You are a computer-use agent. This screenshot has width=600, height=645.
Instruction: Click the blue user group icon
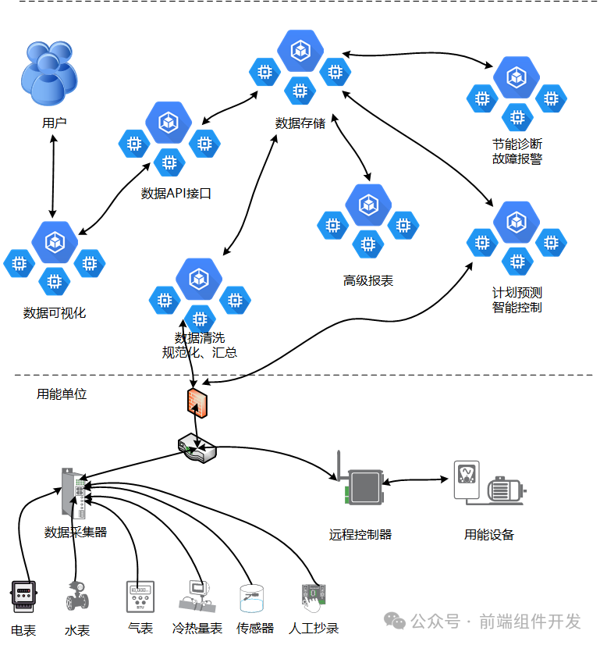[x=50, y=75]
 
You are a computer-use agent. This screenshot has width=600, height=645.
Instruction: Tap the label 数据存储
[x=300, y=123]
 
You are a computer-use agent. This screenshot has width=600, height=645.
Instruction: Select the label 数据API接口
[x=176, y=194]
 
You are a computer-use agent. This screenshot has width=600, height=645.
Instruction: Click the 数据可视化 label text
[x=55, y=313]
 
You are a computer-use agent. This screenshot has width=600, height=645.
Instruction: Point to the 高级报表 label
[x=368, y=280]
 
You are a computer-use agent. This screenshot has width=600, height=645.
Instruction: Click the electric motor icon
[x=505, y=489]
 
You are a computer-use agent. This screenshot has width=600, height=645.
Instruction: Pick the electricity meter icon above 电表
[x=23, y=597]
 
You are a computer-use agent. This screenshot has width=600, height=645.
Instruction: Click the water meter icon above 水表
[x=76, y=598]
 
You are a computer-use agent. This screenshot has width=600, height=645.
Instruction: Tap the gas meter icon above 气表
[x=140, y=597]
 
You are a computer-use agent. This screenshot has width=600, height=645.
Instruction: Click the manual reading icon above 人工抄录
[x=313, y=597]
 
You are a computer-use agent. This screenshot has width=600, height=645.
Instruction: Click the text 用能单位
[x=62, y=394]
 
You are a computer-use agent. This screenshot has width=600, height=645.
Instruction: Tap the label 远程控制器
[x=360, y=535]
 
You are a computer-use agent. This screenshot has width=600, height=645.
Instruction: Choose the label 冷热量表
[x=197, y=628]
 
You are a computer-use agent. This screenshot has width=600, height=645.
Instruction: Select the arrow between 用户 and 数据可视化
[x=52, y=176]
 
